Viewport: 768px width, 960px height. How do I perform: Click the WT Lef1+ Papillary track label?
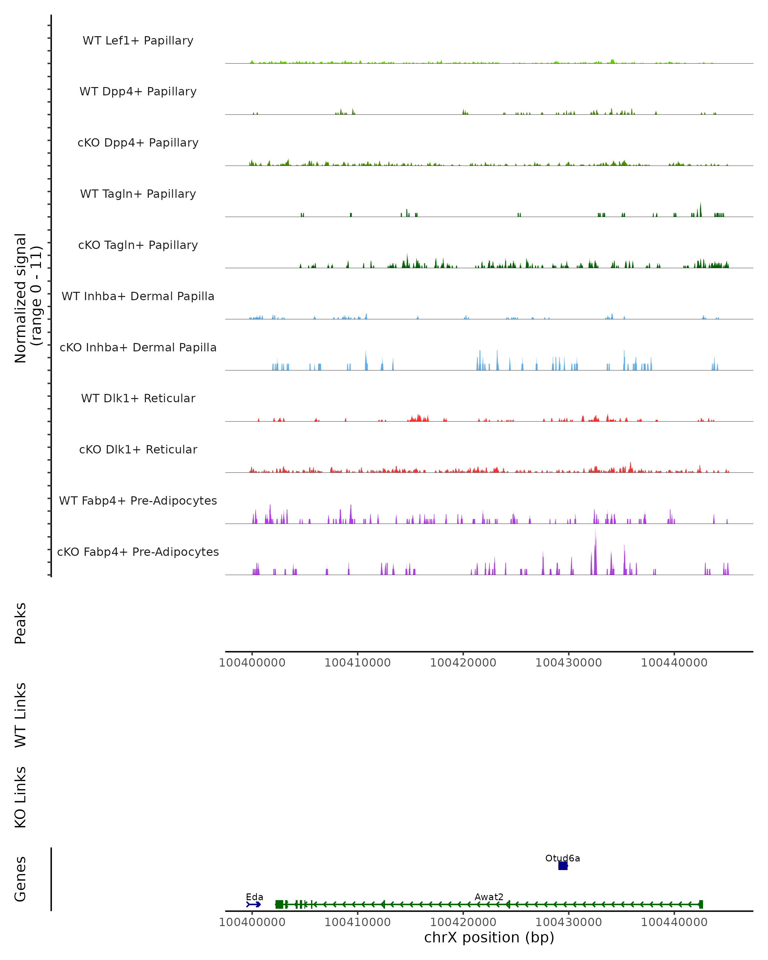click(138, 41)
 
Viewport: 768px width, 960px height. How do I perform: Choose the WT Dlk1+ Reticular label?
click(138, 398)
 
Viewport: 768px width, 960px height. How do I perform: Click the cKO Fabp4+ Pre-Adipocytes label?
click(138, 552)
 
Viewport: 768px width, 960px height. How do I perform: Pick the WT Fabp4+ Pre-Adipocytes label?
click(138, 500)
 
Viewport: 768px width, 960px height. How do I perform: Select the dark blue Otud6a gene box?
click(563, 866)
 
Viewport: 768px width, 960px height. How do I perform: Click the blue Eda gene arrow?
click(254, 904)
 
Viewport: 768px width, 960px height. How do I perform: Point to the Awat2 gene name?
click(489, 897)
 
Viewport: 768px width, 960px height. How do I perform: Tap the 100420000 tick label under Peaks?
click(463, 663)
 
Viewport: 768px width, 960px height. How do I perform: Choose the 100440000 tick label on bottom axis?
click(674, 922)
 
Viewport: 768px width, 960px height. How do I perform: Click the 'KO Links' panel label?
click(20, 797)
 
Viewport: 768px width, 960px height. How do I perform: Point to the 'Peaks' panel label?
click(20, 623)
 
